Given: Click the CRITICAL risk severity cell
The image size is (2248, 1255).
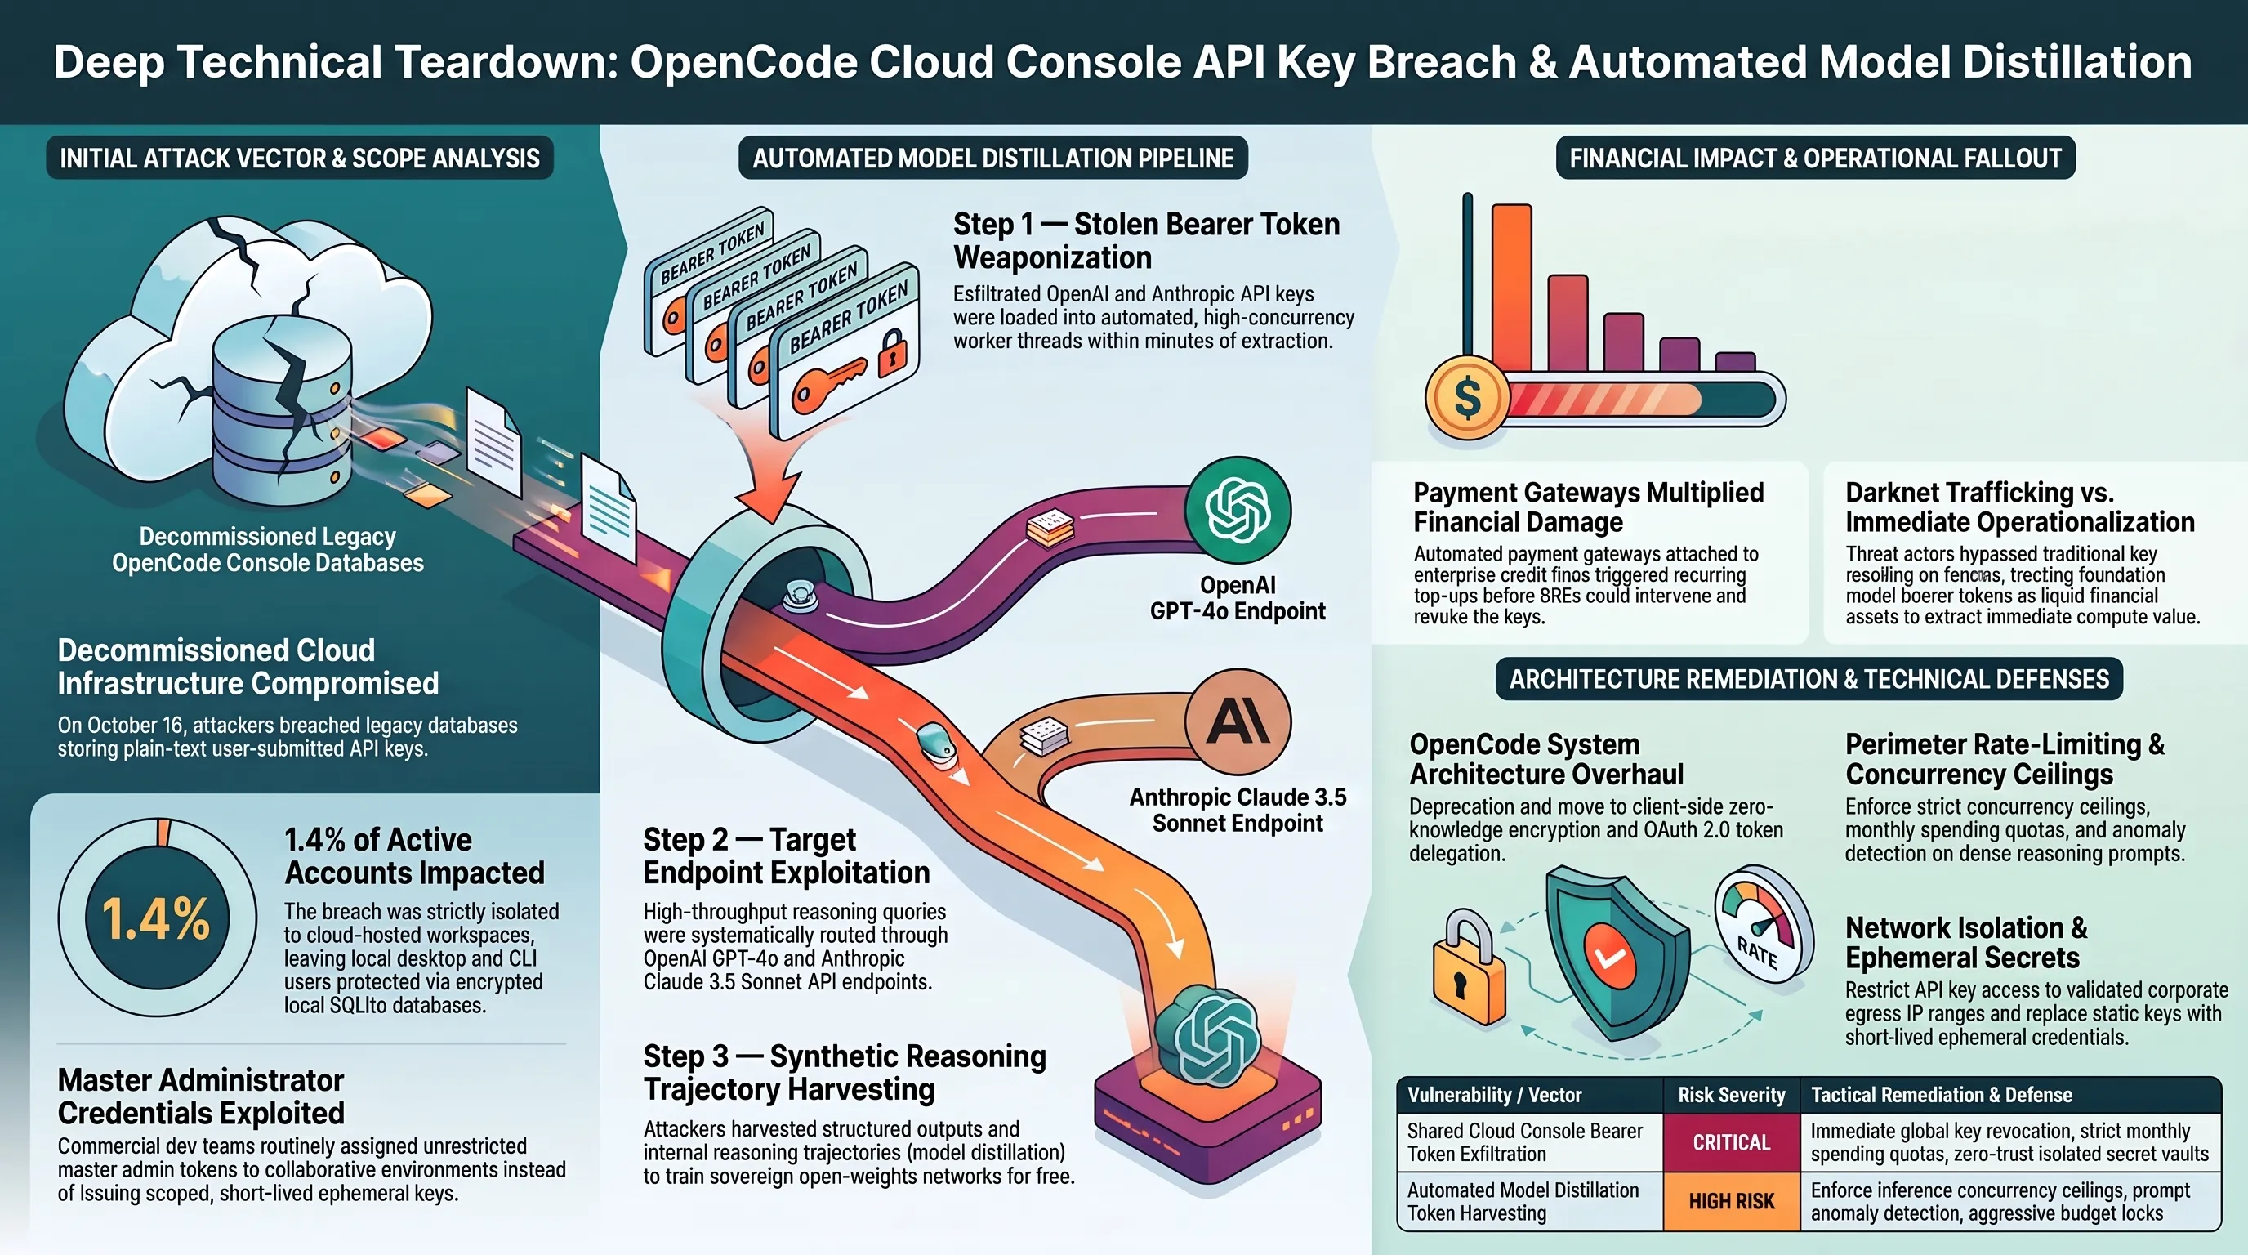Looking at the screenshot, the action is tap(1732, 1141).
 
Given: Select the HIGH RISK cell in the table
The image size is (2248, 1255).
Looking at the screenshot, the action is tap(1732, 1201).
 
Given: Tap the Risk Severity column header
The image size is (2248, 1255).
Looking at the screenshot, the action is tap(1732, 1094).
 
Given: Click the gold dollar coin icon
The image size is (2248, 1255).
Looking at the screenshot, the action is tap(1467, 397).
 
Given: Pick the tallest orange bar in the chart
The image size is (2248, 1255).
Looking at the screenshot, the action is tap(1511, 288).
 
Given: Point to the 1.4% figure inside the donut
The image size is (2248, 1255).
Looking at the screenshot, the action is tap(156, 918).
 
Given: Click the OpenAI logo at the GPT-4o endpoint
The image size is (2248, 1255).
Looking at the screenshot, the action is tap(1237, 511).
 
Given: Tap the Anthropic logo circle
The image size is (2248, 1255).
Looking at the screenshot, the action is tap(1238, 721).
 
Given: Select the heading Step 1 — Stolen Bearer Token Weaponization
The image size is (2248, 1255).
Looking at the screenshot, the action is tap(1146, 241).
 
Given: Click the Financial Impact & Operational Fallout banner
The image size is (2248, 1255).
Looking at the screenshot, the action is tap(1815, 158).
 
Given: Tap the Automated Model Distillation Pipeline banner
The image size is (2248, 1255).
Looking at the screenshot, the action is tap(992, 158).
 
